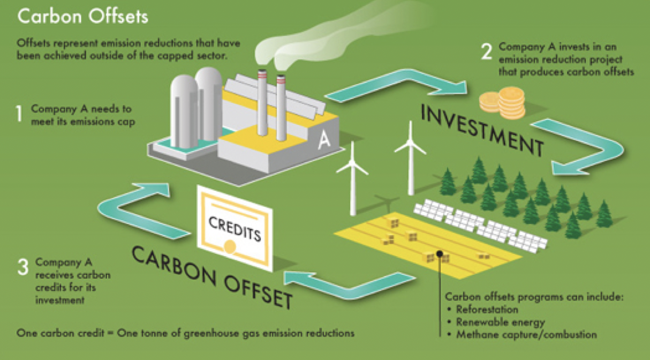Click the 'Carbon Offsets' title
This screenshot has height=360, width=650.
coord(83,16)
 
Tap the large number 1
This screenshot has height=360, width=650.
coord(20,114)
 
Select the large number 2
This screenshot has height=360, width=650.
coord(486,51)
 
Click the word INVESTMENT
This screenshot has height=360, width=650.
coord(481,127)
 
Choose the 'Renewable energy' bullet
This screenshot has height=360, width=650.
coord(500,322)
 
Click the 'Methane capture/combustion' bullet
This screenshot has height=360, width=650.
coord(525,335)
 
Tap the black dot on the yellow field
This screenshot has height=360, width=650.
coord(440,253)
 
